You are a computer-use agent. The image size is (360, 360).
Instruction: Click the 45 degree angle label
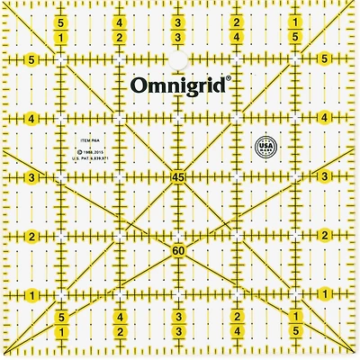(179, 178)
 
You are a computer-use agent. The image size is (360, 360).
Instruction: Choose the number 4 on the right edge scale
(325, 119)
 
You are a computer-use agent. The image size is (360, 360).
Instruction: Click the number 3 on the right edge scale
(325, 178)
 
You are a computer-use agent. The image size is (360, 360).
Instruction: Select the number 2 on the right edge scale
(325, 237)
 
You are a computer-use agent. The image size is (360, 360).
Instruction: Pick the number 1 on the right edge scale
(325, 296)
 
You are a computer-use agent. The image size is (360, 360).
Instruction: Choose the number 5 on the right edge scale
(325, 60)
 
